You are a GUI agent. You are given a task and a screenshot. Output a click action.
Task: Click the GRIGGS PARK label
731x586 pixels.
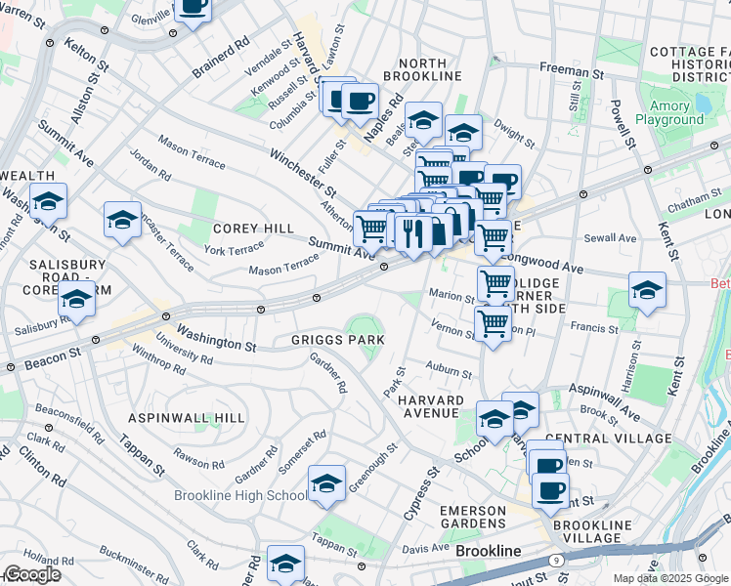[x=337, y=340]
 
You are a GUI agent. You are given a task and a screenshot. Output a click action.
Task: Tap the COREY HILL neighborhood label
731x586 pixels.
[x=253, y=228]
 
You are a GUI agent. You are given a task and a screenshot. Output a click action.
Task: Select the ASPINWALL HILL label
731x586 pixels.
[x=186, y=418]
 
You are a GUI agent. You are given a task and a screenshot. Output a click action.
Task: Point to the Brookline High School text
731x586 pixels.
[x=239, y=495]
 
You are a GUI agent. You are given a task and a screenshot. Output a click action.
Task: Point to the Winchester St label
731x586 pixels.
[x=303, y=170]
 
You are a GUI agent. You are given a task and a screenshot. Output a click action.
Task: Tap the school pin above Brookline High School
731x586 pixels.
[x=326, y=483]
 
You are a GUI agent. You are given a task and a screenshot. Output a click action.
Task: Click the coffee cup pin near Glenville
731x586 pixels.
[x=193, y=8]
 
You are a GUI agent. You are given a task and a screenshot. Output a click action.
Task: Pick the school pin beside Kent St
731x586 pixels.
[x=647, y=290]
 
